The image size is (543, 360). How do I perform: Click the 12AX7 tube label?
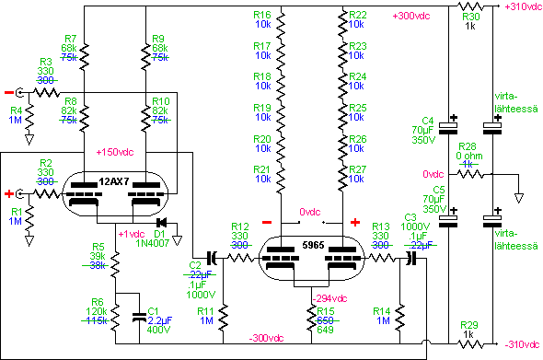(113, 181)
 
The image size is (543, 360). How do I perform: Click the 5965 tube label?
(313, 245)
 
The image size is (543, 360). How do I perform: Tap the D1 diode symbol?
(161, 223)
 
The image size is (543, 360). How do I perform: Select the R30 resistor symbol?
(470, 6)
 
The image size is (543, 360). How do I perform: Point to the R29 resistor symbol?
(470, 344)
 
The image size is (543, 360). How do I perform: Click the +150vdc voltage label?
(115, 152)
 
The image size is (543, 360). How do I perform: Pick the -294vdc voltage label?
(329, 298)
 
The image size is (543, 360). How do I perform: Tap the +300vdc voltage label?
(411, 16)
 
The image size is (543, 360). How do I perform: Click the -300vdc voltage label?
(266, 338)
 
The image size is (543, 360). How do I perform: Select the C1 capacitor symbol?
(140, 318)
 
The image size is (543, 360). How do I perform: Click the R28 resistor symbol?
(470, 174)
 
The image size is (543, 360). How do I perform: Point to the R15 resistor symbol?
(312, 318)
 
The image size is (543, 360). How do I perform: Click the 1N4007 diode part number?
(153, 243)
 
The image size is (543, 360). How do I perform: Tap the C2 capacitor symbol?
(212, 258)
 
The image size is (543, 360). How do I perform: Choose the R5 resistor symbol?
(115, 265)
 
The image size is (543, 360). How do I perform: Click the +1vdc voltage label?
(132, 234)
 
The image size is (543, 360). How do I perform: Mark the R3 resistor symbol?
(46, 93)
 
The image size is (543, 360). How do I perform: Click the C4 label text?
(427, 121)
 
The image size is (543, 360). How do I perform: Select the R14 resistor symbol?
(400, 318)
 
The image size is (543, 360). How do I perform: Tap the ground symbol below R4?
(29, 140)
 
